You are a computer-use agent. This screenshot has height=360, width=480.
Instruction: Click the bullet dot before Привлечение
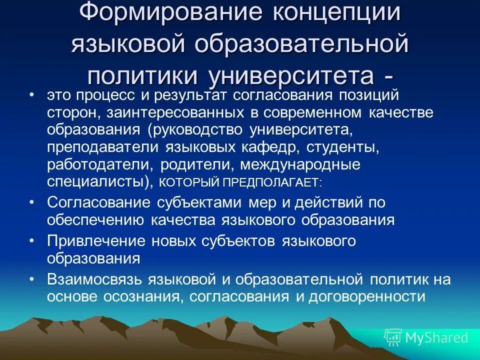pyautogui.click(x=32, y=241)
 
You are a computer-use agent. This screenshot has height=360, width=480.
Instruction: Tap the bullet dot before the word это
pyautogui.click(x=32, y=95)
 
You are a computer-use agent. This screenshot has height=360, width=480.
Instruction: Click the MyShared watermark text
pyautogui.click(x=436, y=337)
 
